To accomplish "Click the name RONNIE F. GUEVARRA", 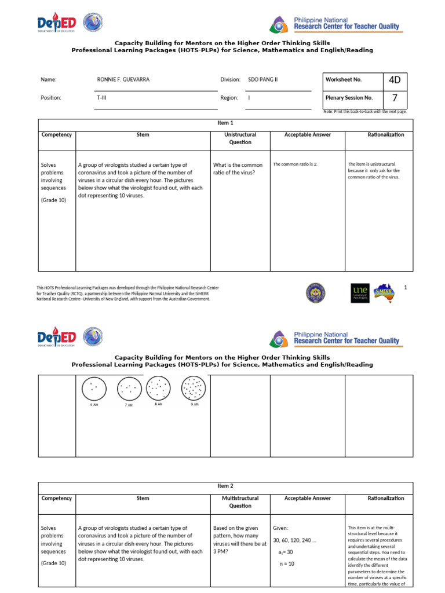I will pos(123,79).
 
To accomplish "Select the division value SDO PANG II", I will pos(263,79).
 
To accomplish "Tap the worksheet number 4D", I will pos(395,79).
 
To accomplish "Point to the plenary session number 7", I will pos(395,98).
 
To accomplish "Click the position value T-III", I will pos(101,98).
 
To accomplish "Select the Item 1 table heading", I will pos(225,123).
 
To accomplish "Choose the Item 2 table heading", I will pos(225,486).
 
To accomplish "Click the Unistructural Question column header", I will pos(240,138).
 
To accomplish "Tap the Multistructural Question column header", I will pos(240,502).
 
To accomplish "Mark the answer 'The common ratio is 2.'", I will pos(296,164).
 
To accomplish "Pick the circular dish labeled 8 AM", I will pos(158,387).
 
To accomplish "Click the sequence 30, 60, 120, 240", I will pos(295,540).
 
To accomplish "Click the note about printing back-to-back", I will pos(365,111).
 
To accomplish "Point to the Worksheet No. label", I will pos(344,79).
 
